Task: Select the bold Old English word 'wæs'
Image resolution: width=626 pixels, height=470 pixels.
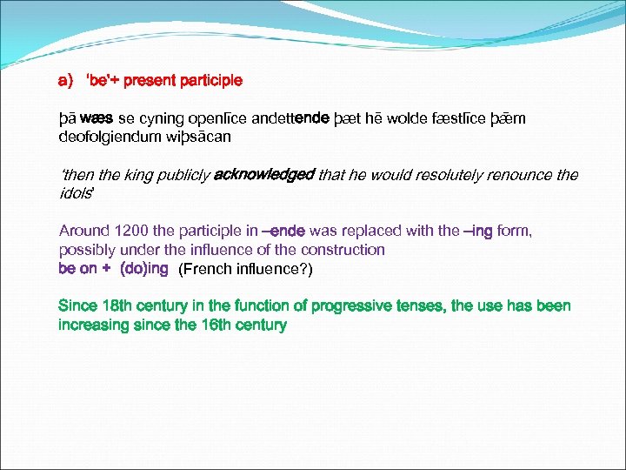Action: coord(96,118)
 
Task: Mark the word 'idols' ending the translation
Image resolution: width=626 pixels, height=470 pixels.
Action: coord(75,193)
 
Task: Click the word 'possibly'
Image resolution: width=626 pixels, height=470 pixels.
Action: coord(85,250)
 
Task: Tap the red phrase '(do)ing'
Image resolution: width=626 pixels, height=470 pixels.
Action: coord(143,269)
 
